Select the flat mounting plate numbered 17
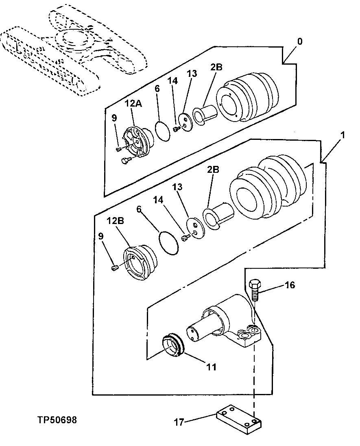click(x=239, y=418)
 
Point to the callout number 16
click(x=290, y=285)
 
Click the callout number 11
click(x=211, y=367)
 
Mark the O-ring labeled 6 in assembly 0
click(x=164, y=132)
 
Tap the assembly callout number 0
click(x=300, y=41)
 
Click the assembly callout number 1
click(x=343, y=135)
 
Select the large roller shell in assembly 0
click(x=247, y=97)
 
